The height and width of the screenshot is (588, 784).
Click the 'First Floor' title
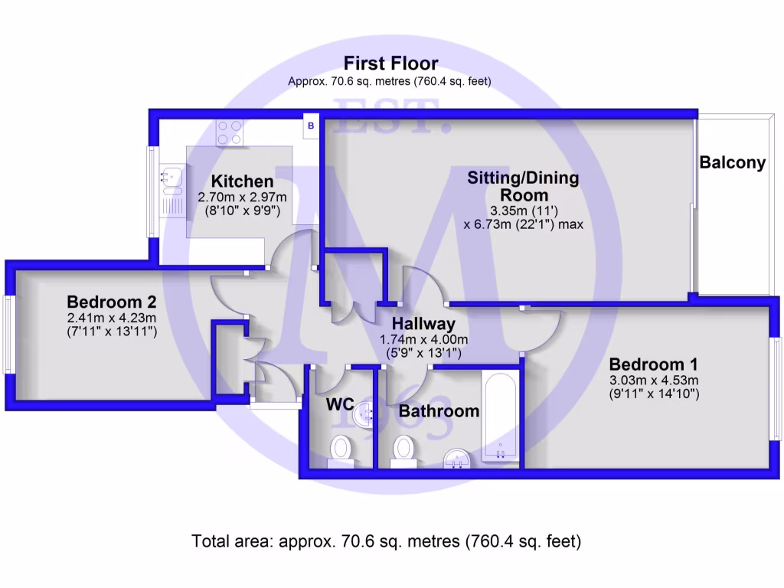click(x=390, y=63)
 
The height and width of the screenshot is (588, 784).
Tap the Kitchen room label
click(x=242, y=181)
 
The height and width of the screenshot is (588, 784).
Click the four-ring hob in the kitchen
click(x=229, y=132)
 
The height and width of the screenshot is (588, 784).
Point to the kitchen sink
click(x=170, y=178)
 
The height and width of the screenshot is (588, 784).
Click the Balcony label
click(x=732, y=162)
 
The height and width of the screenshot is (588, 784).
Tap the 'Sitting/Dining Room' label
click(x=524, y=187)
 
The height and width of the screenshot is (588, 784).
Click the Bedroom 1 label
click(x=654, y=364)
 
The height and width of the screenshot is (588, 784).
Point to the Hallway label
click(x=423, y=324)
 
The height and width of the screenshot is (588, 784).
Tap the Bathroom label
click(x=439, y=411)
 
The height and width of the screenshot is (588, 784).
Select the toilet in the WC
click(x=341, y=449)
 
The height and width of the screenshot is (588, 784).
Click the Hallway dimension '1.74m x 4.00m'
click(x=423, y=340)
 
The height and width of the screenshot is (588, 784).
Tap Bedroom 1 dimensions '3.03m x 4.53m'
click(x=654, y=380)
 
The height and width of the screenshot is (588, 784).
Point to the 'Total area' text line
click(x=387, y=542)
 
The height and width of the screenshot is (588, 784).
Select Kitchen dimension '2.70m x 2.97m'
click(x=242, y=197)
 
